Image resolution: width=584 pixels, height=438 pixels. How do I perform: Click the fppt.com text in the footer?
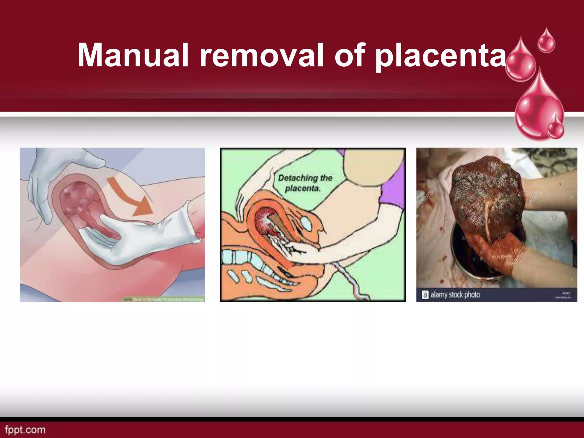click(x=25, y=429)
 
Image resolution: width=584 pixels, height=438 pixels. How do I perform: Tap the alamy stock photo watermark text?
click(x=455, y=295)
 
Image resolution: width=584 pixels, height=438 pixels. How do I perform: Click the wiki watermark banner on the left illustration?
click(x=164, y=299)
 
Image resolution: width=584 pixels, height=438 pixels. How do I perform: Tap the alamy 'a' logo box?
click(x=425, y=295)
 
